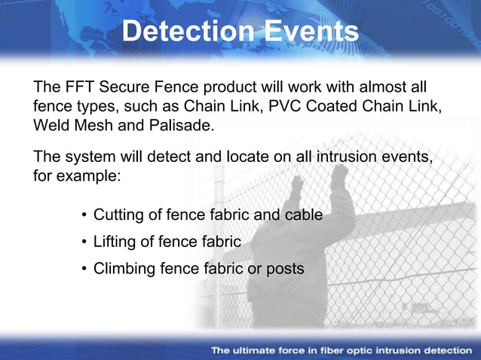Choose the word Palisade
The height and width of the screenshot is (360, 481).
182,124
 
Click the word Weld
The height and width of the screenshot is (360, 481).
51,124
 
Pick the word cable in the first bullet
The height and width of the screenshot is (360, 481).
302,215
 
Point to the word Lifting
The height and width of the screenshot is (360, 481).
115,242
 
